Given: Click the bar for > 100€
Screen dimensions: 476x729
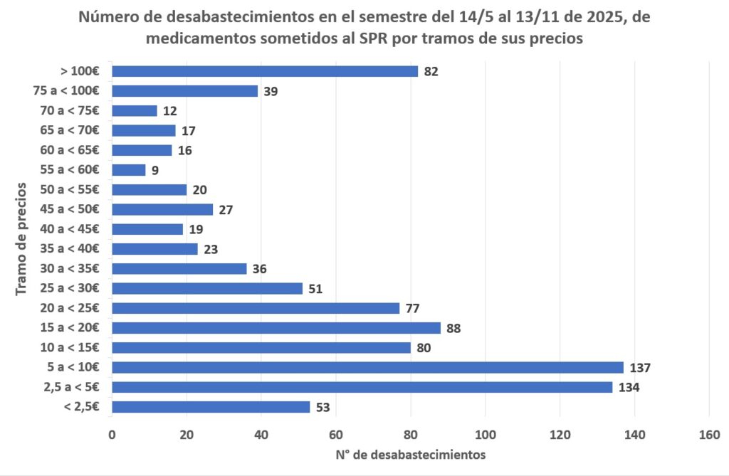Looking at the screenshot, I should click(x=265, y=71).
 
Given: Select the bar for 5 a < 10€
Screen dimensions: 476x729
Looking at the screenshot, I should click(x=367, y=367).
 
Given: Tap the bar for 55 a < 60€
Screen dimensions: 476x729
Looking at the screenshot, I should click(x=129, y=170).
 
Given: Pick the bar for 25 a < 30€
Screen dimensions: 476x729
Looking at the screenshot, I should click(x=207, y=288).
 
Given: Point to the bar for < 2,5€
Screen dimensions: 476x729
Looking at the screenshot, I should click(x=211, y=407).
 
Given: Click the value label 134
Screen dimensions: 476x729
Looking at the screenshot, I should click(x=629, y=388).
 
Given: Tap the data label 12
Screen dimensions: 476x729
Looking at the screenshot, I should click(x=169, y=111).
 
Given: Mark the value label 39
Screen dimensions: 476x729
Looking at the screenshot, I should click(x=271, y=91).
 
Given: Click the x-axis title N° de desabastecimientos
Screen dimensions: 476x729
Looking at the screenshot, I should click(x=410, y=454).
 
